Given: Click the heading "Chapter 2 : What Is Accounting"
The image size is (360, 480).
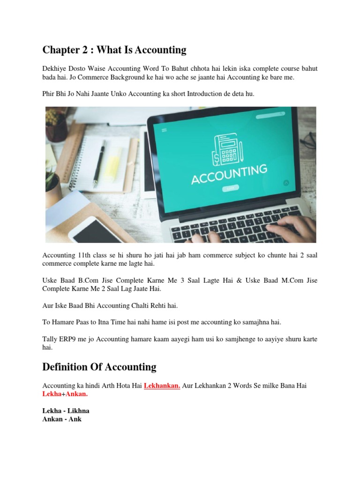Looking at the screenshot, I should point(114,50).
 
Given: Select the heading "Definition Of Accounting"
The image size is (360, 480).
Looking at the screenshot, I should point(99,367).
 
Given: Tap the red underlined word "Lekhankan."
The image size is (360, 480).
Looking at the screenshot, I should point(162,385).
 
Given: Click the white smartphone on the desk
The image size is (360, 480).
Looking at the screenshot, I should point(97,230).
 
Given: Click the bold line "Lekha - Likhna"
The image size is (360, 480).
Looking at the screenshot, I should point(66,411).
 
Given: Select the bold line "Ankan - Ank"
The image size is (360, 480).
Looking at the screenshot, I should point(62,419).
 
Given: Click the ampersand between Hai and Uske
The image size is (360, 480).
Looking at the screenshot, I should point(251,280).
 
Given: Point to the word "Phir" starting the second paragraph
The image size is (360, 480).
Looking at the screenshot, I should point(49,94).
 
